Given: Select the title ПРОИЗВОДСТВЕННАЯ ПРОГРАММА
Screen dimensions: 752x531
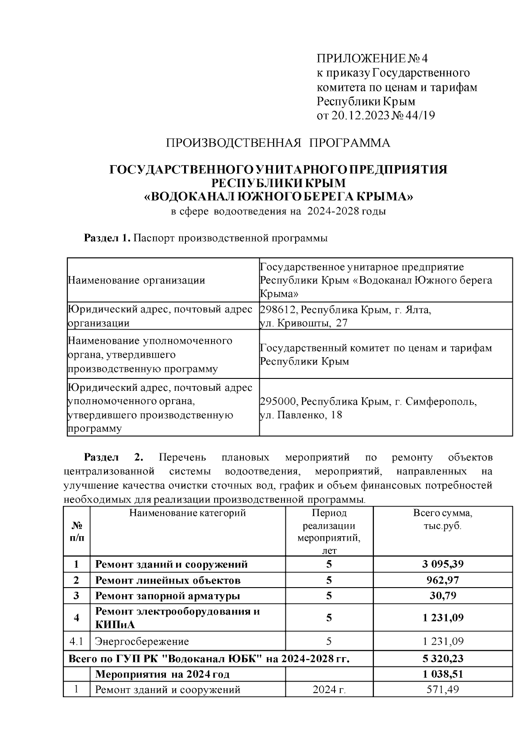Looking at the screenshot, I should point(278,143).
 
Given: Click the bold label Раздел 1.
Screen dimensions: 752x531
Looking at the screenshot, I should point(107,238).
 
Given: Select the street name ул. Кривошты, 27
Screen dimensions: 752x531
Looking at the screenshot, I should point(304,323).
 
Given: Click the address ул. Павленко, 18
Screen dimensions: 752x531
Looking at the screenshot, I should point(300,416).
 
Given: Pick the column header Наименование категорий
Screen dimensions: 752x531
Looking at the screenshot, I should point(188,513).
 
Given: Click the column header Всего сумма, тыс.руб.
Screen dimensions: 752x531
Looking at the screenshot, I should point(442,519).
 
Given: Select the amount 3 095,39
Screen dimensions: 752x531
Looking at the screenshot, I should point(442,564).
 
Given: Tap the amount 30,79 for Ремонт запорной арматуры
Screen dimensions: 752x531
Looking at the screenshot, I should point(443,595).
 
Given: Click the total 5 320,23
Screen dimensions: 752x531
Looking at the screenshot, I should point(443,658).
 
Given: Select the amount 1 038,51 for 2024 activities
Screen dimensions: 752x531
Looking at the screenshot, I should point(443,674).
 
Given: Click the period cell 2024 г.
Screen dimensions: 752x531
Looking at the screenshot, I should point(329,690).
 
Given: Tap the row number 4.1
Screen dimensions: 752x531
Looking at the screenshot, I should point(76,642).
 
